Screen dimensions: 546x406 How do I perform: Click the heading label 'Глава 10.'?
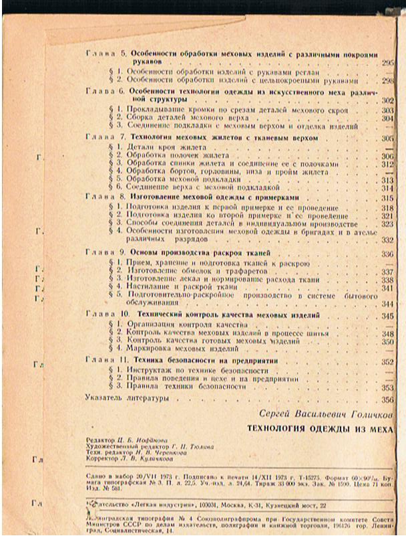coord(108,314)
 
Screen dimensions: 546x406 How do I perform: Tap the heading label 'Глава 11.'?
coord(108,361)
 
